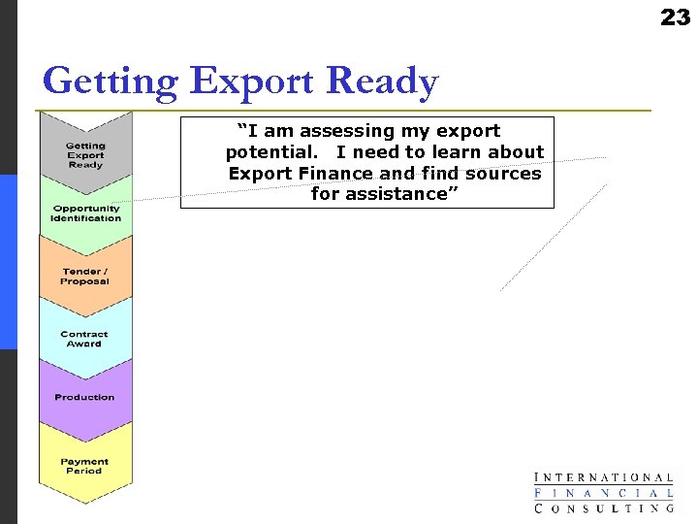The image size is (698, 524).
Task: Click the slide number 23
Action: pos(675,17)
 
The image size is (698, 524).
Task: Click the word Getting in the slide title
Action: pos(110,82)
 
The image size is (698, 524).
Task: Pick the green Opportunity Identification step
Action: pos(85,213)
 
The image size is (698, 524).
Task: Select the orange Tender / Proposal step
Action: pos(85,276)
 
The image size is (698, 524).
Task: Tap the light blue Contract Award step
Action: pos(85,339)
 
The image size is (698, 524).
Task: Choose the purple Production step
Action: pos(85,397)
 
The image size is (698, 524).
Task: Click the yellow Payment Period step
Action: pos(85,466)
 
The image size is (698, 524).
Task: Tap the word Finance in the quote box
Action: pos(335,174)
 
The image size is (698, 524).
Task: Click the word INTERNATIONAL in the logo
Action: pos(604,477)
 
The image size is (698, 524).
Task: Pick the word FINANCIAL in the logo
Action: pos(604,493)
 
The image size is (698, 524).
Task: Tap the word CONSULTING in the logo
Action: pos(604,508)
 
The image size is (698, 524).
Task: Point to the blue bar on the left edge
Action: pos(8,262)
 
